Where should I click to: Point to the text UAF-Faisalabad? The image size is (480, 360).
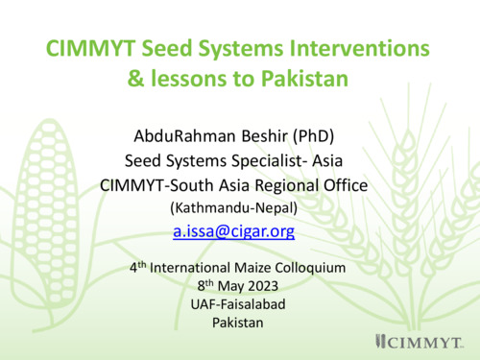[x=237, y=304]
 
